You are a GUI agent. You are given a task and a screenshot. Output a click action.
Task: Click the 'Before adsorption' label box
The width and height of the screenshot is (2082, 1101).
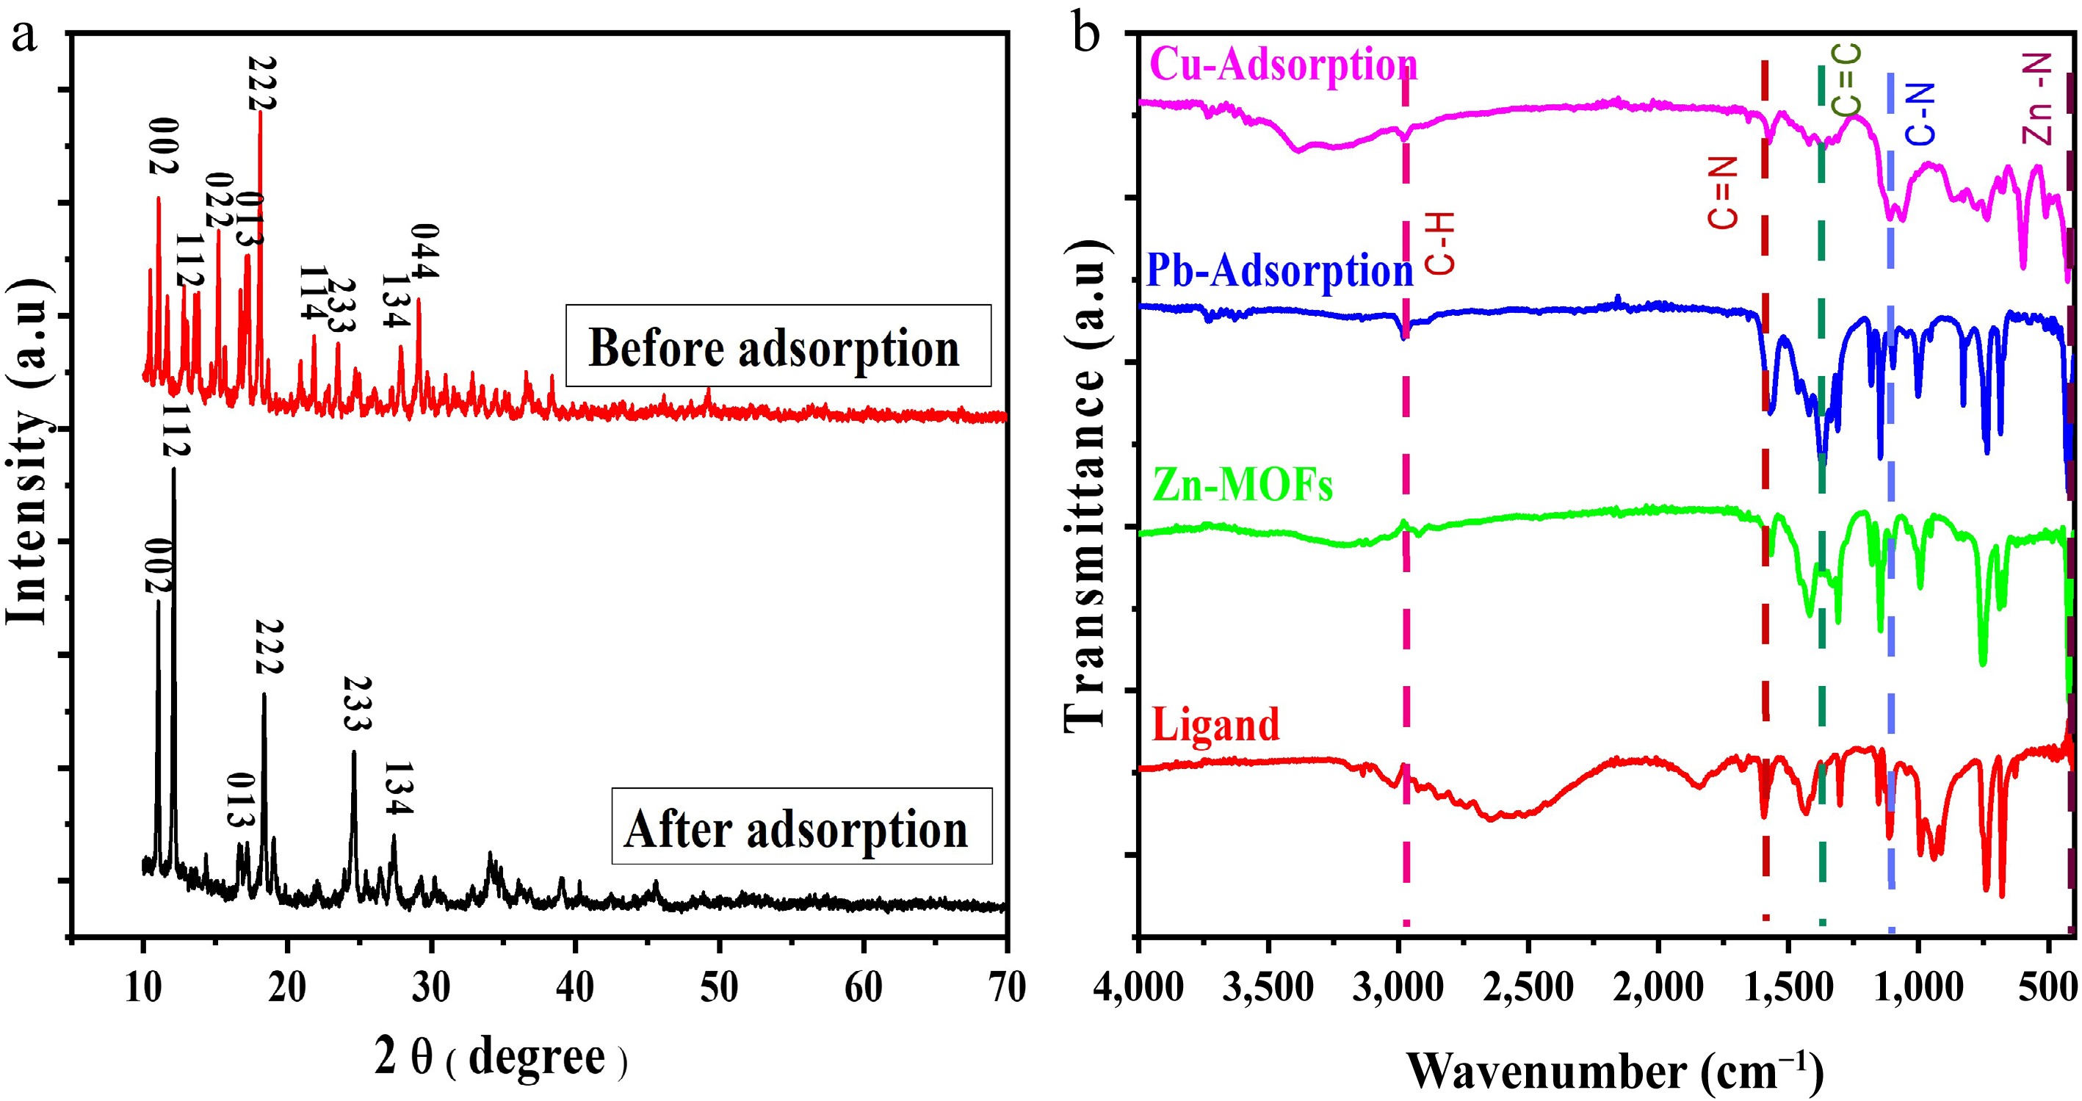click(778, 346)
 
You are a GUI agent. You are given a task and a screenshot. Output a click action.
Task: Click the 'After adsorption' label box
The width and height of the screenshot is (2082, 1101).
click(801, 826)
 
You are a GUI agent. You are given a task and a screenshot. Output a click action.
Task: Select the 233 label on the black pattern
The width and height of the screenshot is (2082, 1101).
click(357, 704)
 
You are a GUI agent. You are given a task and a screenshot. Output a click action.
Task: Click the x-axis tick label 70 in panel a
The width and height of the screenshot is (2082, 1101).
click(1006, 987)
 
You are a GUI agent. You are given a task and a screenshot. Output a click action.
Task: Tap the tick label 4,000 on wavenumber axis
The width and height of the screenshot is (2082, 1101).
click(1138, 987)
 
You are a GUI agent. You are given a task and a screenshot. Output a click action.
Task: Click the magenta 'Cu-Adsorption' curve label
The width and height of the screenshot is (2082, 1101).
click(1283, 65)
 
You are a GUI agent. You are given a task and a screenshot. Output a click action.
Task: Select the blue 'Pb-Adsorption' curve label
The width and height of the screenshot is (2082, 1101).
click(1279, 271)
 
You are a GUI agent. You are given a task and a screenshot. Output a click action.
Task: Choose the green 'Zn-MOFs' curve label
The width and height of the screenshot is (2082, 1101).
click(1243, 485)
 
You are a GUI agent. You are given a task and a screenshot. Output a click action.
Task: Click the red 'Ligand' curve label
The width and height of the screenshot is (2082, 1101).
click(1215, 723)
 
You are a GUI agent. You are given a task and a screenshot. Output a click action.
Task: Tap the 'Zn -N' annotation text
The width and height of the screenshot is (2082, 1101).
click(2036, 99)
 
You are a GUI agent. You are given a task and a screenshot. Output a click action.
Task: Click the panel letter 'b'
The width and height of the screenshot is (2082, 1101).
click(1085, 35)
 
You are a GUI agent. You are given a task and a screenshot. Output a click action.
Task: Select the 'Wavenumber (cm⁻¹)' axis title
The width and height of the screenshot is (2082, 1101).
click(1615, 1071)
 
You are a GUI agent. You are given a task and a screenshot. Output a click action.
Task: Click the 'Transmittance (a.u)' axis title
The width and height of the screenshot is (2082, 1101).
click(1084, 485)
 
